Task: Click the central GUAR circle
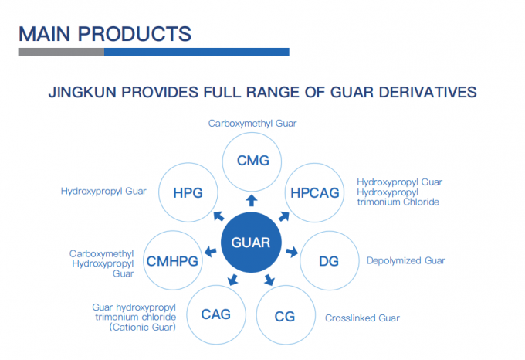click(250, 242)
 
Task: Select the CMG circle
click(252, 161)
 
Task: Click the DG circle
click(328, 260)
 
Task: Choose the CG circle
click(284, 315)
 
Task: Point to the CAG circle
click(215, 314)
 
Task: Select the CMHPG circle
click(172, 260)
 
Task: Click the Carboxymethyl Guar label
click(252, 123)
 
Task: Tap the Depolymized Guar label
click(405, 261)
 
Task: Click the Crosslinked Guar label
click(362, 318)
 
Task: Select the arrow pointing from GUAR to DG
click(292, 251)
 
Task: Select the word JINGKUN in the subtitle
click(86, 93)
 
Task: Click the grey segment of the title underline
click(61, 53)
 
